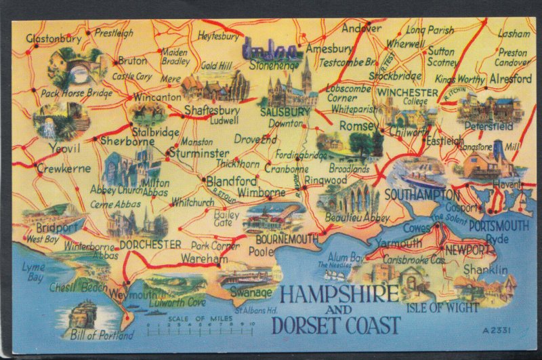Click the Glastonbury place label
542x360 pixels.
pos(49,39)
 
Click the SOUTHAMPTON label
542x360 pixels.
pos(421,195)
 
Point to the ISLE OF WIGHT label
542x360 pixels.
pos(443,307)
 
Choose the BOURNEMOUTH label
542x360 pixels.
pos(287,239)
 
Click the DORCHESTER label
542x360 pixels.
pos(150,244)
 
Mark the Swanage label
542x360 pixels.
pos(251,293)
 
